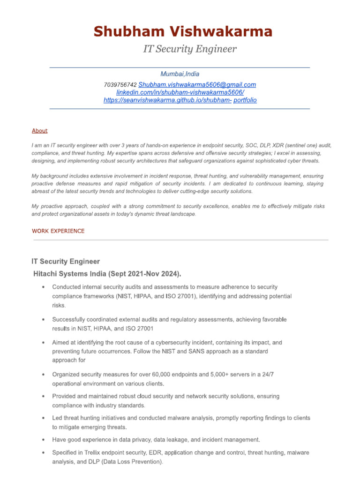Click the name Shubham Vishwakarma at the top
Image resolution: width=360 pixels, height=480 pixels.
point(183,32)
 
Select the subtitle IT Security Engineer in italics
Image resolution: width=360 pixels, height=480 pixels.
point(190,49)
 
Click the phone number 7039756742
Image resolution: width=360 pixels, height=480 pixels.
point(120,85)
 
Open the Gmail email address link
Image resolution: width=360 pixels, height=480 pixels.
point(197,85)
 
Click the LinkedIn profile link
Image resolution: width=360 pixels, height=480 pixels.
point(180,92)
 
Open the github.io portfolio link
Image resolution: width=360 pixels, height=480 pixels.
point(180,100)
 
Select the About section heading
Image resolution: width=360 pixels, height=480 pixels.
point(40,131)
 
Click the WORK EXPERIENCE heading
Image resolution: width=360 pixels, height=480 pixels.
point(58,231)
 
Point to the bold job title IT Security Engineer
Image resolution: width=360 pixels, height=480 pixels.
point(66,262)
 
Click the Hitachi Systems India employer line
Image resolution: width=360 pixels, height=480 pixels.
point(107,274)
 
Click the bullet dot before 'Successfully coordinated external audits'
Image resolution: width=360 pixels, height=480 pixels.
point(43,320)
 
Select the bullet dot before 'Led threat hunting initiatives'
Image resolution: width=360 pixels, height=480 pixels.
point(43,418)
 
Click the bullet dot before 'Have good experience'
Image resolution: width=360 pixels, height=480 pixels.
point(43,440)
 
